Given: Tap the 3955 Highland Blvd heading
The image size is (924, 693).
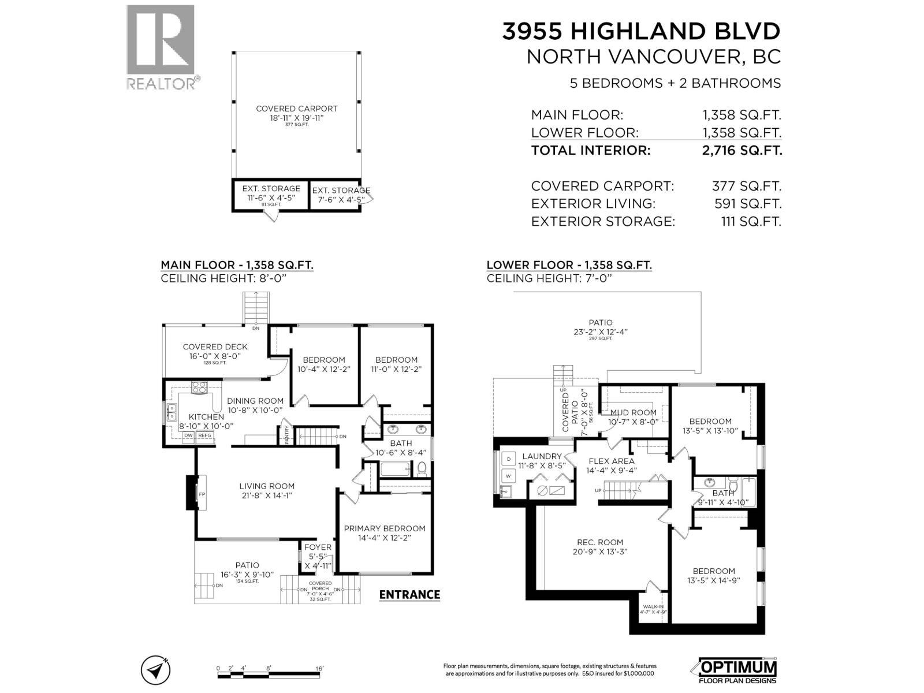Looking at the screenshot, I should click(x=641, y=31).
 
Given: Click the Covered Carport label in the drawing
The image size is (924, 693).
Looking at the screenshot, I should click(x=296, y=109).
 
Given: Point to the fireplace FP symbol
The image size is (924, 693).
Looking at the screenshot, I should click(x=202, y=494).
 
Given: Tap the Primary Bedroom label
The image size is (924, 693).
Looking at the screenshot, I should click(x=384, y=528).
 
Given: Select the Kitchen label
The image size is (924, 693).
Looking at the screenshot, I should click(x=206, y=417).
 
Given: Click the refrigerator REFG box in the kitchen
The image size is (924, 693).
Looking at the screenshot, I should click(x=205, y=435).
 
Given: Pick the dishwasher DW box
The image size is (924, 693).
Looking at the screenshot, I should click(x=189, y=435).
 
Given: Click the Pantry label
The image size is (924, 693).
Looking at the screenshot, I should click(x=287, y=434).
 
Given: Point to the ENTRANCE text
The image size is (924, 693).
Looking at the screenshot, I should click(x=409, y=595).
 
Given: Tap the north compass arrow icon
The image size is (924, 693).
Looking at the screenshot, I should click(x=155, y=670).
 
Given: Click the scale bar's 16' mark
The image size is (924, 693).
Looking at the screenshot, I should click(x=319, y=668).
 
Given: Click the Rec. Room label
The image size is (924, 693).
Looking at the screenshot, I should click(x=600, y=542).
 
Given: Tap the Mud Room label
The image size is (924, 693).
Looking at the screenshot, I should click(x=634, y=412).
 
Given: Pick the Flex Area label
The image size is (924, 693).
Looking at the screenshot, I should click(x=611, y=461).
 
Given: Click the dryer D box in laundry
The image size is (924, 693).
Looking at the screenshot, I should click(x=508, y=459).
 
